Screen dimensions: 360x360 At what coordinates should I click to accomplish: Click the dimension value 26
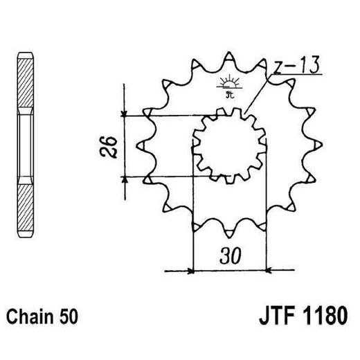[x=108, y=147]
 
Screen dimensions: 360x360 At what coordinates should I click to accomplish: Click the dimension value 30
[x=231, y=256]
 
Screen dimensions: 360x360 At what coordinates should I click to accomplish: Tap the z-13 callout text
[x=297, y=65]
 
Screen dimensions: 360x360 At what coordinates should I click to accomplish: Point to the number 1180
[x=325, y=315]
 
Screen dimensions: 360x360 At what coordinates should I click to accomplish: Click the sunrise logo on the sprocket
[x=229, y=86]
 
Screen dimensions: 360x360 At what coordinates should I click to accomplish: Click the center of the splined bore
[x=230, y=146]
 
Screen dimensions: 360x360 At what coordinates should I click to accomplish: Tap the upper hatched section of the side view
[x=26, y=82]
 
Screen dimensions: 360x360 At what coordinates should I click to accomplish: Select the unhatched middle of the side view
[x=26, y=145]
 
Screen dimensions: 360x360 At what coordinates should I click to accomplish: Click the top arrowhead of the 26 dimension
[x=124, y=113]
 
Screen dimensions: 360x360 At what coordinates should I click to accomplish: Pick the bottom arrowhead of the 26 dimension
[x=125, y=180]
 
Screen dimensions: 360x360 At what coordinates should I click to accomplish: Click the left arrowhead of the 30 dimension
[x=190, y=271]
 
